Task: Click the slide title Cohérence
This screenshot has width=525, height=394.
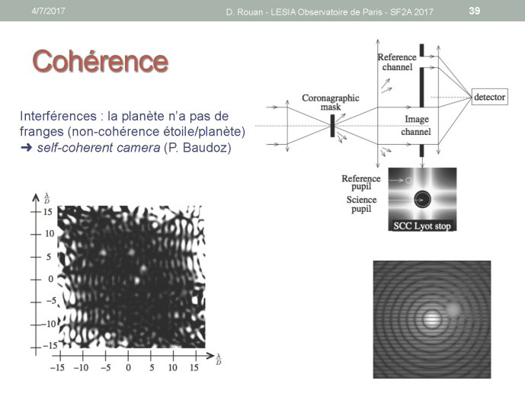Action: coord(100,61)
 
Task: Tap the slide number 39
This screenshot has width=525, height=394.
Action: coord(475,11)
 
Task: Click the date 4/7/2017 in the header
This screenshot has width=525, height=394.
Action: coord(48,11)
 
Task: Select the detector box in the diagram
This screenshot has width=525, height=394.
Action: coord(489,97)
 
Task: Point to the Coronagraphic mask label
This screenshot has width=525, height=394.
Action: coord(331,102)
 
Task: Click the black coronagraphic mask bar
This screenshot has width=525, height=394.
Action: coord(332,126)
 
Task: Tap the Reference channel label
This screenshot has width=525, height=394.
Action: coord(397,62)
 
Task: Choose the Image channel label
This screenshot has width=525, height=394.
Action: coord(416,125)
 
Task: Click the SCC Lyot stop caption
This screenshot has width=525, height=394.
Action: coord(422,226)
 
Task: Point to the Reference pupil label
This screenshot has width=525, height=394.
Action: coord(361,182)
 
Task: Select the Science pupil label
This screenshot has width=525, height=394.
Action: coord(361,204)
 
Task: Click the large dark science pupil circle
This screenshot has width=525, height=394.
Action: coord(422,199)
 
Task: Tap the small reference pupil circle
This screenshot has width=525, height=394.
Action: coord(408,181)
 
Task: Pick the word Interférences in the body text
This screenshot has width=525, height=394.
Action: coord(58,116)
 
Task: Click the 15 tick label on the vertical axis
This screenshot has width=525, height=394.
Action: coord(47,212)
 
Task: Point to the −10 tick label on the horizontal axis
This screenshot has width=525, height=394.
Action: coord(81,367)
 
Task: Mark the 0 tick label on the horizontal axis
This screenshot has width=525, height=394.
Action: coord(128,367)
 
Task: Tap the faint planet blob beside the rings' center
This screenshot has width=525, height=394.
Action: coord(453,309)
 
